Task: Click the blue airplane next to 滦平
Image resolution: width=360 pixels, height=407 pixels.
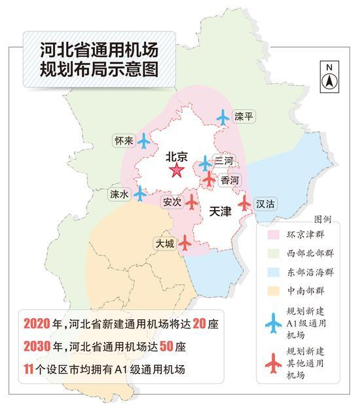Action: tap(224, 117)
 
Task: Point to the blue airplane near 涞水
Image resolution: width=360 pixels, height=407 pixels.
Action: tap(139, 193)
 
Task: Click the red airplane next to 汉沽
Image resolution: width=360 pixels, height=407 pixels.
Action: tap(244, 203)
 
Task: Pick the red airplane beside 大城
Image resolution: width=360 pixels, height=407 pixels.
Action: tap(185, 242)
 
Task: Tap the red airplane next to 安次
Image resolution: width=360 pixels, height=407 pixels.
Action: tap(192, 202)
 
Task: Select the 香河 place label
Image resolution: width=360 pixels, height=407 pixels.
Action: tap(229, 179)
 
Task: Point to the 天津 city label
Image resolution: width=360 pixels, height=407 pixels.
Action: tap(221, 213)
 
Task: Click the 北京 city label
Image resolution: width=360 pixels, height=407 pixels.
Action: tap(176, 156)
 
